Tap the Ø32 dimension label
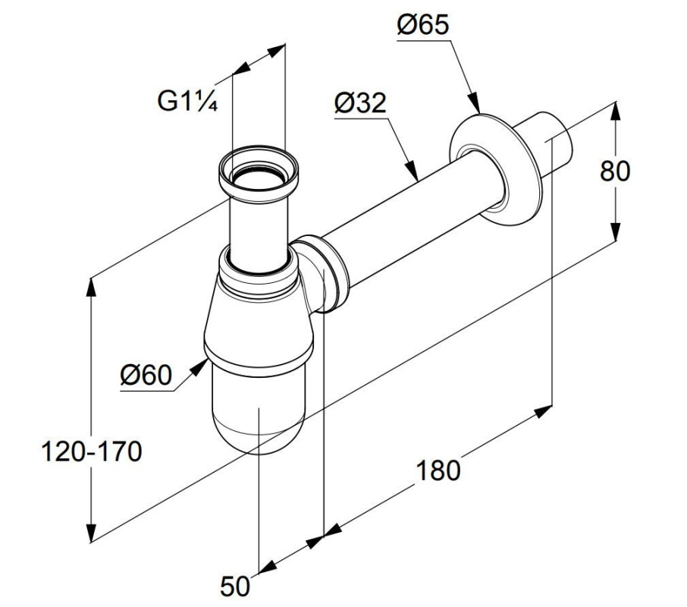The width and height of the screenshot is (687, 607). coord(360,103)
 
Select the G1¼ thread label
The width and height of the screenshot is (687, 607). coord(187,102)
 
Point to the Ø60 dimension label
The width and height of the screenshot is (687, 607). coord(146,375)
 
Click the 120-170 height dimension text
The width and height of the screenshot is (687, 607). coord(92,451)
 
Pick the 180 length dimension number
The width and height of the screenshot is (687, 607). coord(438,470)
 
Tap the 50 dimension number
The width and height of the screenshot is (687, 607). coord(235,586)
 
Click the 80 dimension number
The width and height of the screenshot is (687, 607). coord(615,171)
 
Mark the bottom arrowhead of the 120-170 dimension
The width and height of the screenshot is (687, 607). coord(91,532)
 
